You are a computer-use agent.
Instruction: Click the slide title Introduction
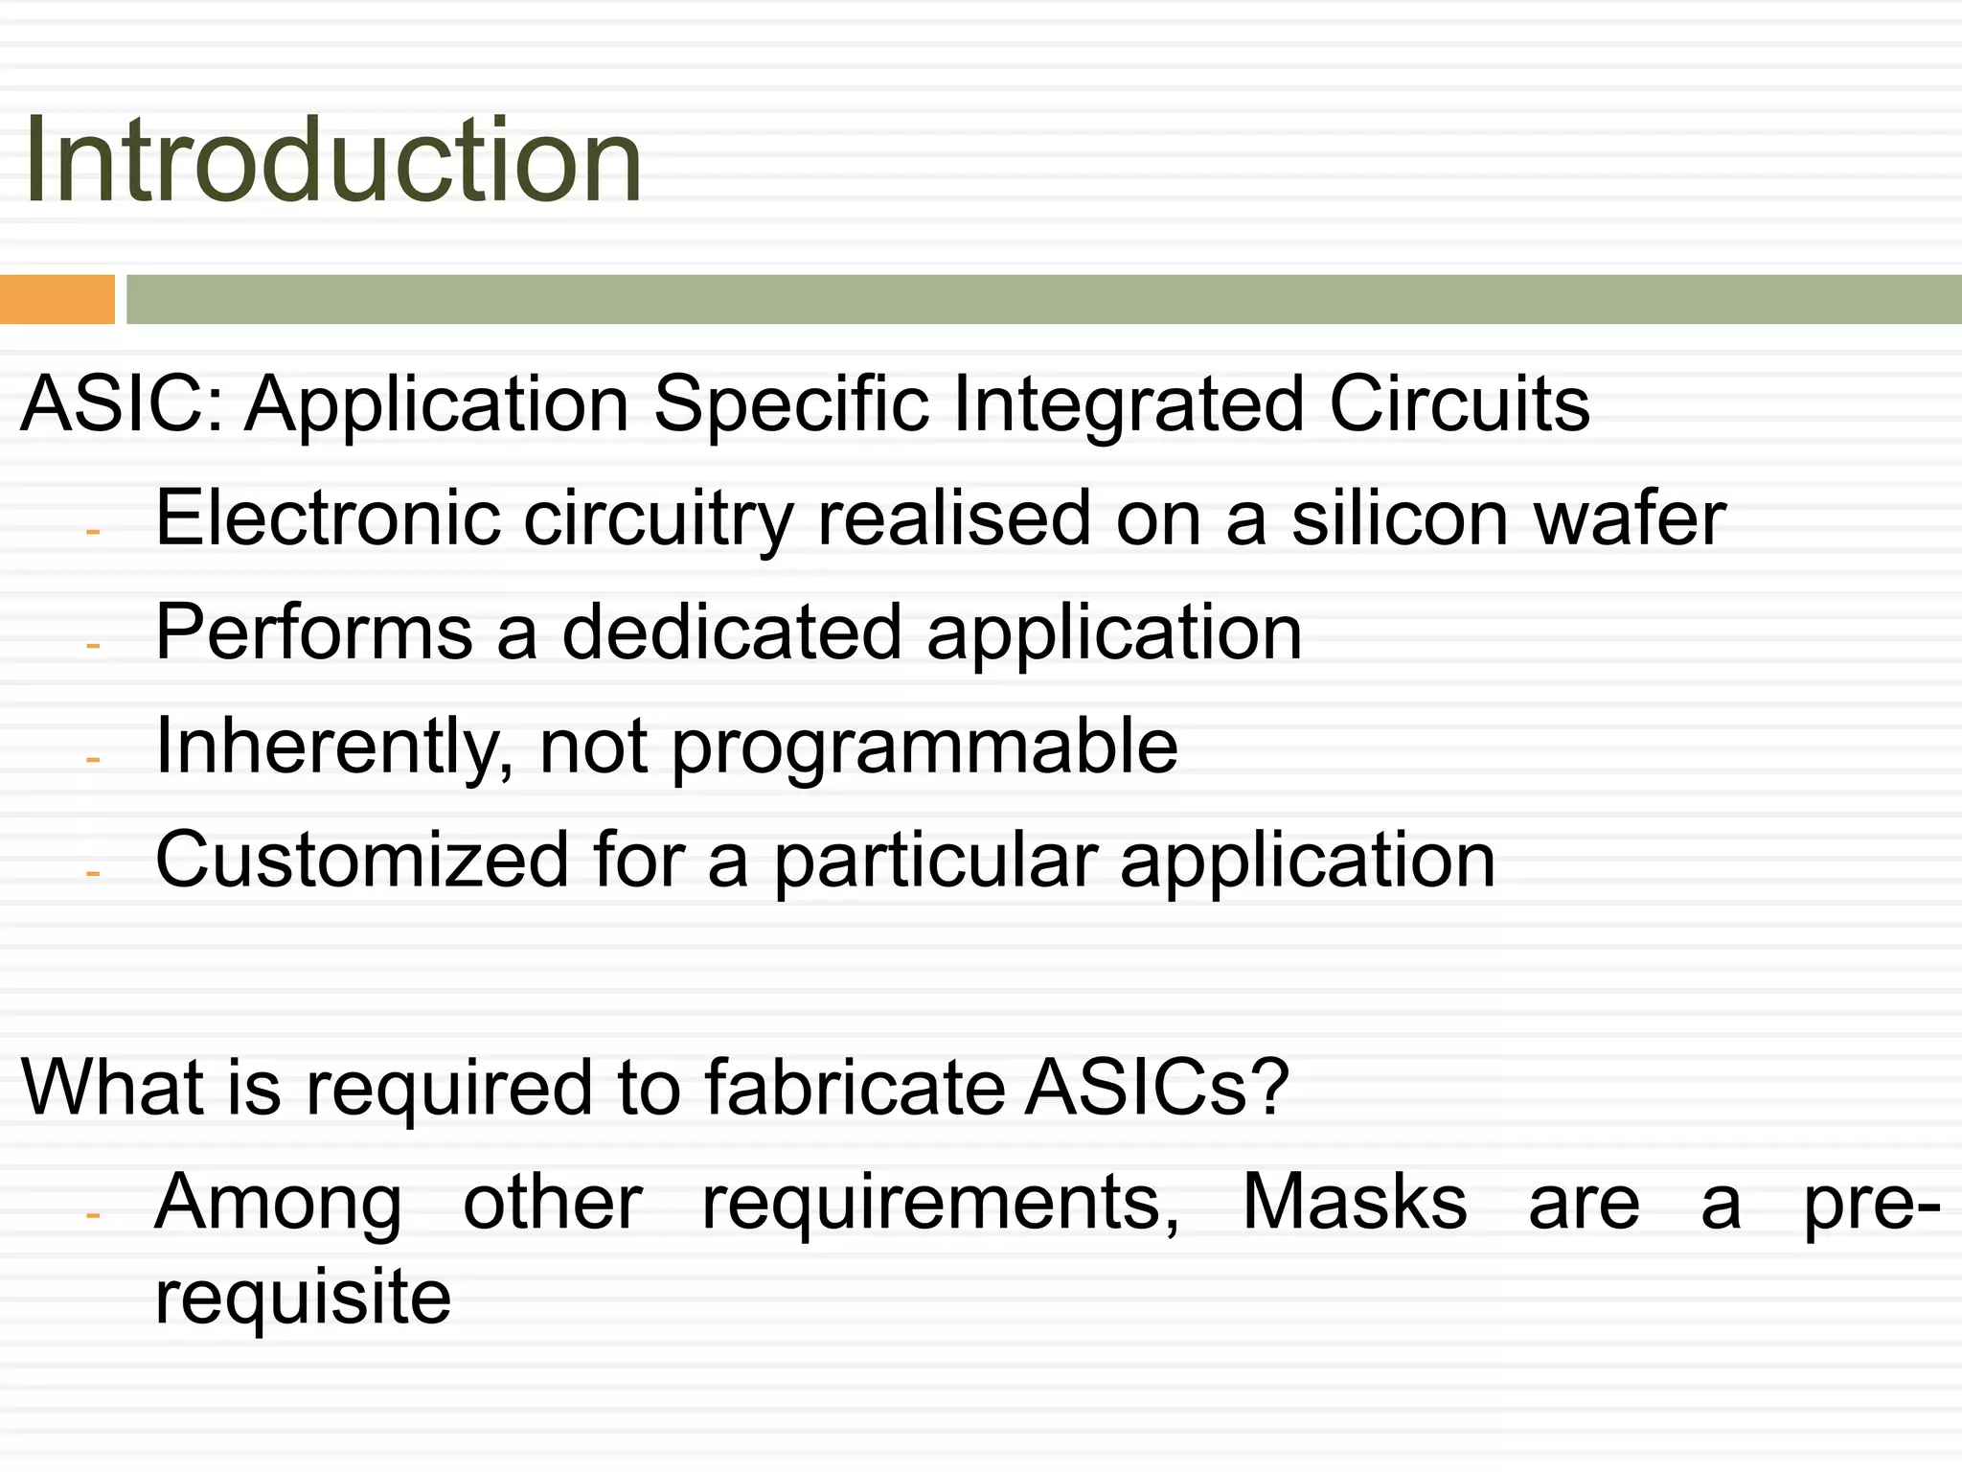pos(331,160)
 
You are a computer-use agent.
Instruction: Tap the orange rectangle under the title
pos(57,299)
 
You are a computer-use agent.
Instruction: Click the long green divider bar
pos(1043,299)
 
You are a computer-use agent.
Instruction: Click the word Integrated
pos(1129,405)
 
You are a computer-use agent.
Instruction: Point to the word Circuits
pos(1459,403)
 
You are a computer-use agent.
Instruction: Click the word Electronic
pos(328,518)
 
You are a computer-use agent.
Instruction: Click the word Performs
pos(314,632)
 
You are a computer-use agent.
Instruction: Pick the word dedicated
pos(732,632)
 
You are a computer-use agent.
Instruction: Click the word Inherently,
pos(335,747)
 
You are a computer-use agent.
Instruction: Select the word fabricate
pos(855,1088)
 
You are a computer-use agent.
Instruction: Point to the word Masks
pos(1355,1202)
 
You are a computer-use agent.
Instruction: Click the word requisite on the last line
pos(303,1298)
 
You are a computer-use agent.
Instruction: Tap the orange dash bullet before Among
pos(93,1215)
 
